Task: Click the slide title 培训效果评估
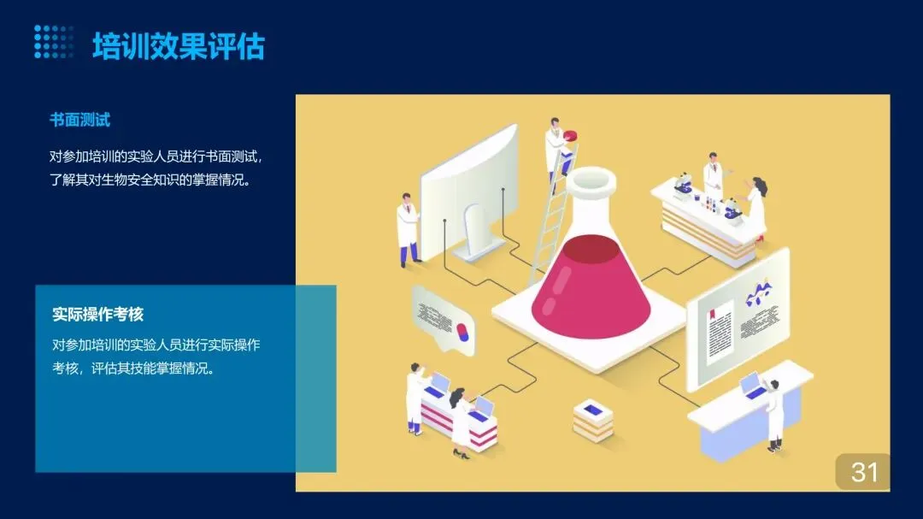click(x=179, y=46)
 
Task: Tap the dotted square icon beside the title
click(x=54, y=42)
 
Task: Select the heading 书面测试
click(x=79, y=120)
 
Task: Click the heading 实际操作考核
click(x=97, y=315)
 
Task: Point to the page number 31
click(x=864, y=471)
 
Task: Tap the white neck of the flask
click(x=590, y=192)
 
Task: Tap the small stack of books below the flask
click(x=593, y=420)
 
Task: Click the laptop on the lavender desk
click(x=752, y=386)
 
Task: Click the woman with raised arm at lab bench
click(x=755, y=209)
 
